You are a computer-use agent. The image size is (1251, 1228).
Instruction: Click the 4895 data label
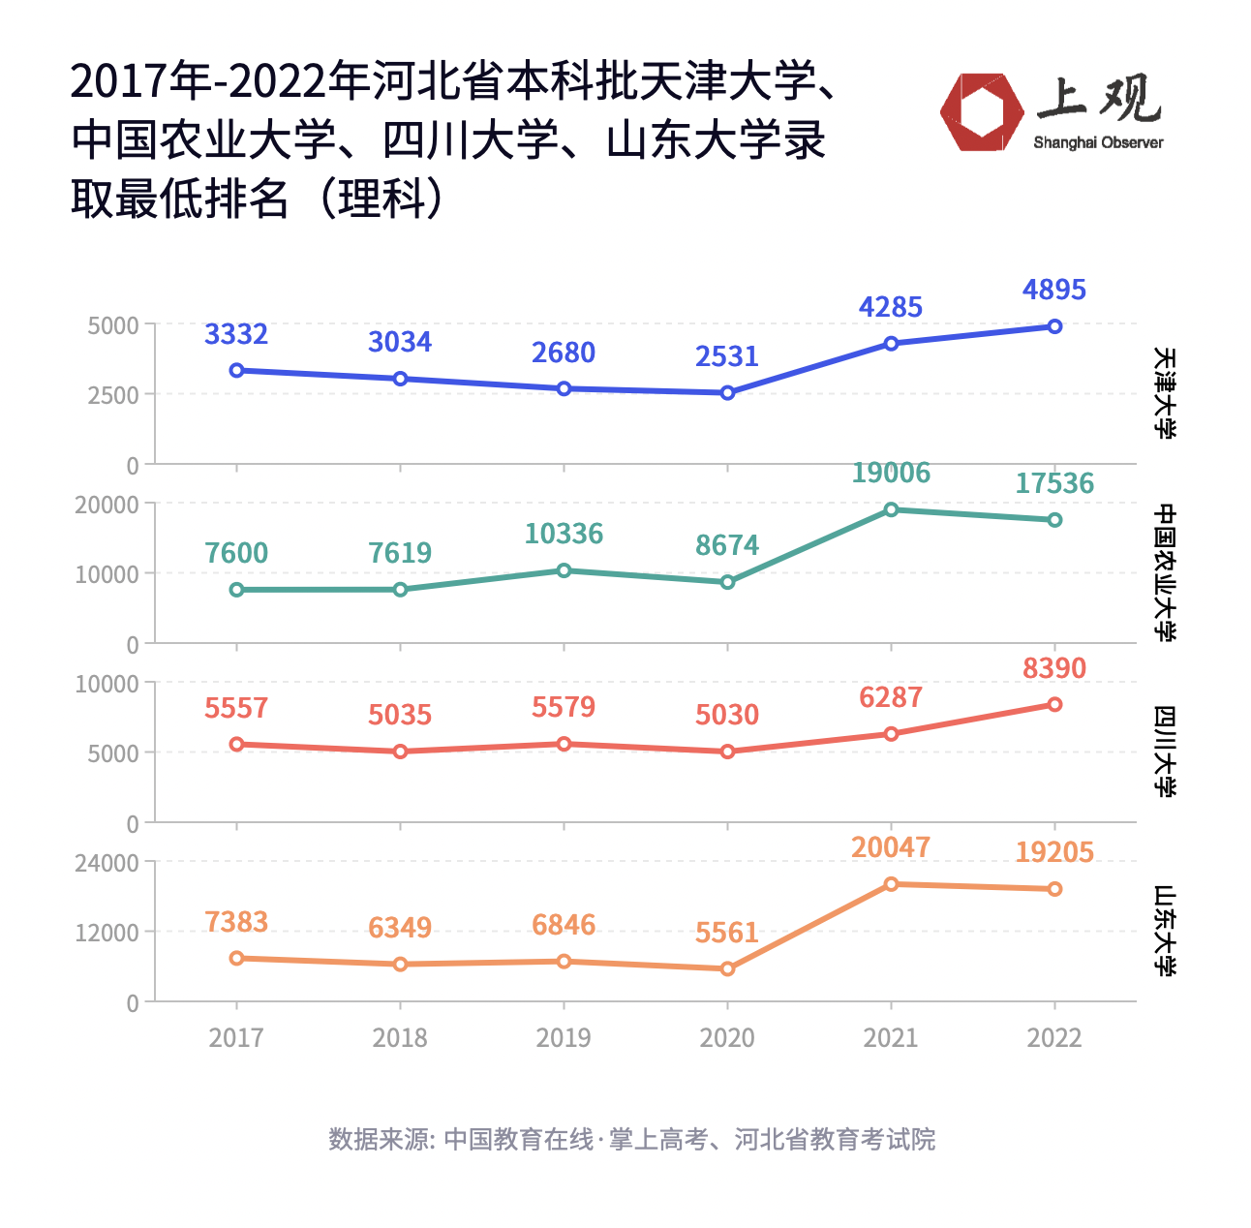(x=1053, y=290)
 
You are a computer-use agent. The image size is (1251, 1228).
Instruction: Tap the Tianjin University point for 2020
(x=727, y=392)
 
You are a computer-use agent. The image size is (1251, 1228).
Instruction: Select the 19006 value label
(x=890, y=473)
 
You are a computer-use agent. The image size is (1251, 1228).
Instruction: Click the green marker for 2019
(x=564, y=570)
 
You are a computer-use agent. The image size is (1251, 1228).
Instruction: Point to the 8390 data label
(x=1053, y=668)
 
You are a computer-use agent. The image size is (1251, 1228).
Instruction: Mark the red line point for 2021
(x=891, y=734)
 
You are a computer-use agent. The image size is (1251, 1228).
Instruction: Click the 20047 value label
(x=890, y=847)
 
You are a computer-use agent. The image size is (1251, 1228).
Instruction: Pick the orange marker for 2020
(x=727, y=968)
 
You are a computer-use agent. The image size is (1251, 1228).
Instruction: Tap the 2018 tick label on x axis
(x=400, y=1038)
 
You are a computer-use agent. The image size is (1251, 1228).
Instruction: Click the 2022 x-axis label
(x=1053, y=1038)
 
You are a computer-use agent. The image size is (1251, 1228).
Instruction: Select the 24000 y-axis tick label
(x=107, y=862)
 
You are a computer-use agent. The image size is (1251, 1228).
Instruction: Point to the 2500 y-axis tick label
(x=113, y=395)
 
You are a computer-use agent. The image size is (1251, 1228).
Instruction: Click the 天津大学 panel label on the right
(x=1165, y=393)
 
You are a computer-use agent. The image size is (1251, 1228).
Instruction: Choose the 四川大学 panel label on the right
(x=1165, y=752)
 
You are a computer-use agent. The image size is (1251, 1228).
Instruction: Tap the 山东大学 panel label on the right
(x=1165, y=931)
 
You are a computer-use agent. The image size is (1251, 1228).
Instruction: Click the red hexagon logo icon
(x=982, y=112)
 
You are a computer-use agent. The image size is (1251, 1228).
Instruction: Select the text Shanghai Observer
(x=1098, y=143)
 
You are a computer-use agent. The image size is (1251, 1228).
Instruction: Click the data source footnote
(x=631, y=1139)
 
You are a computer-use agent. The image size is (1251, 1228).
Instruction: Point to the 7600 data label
(x=236, y=553)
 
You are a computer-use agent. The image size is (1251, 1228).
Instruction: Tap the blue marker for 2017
(x=236, y=370)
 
